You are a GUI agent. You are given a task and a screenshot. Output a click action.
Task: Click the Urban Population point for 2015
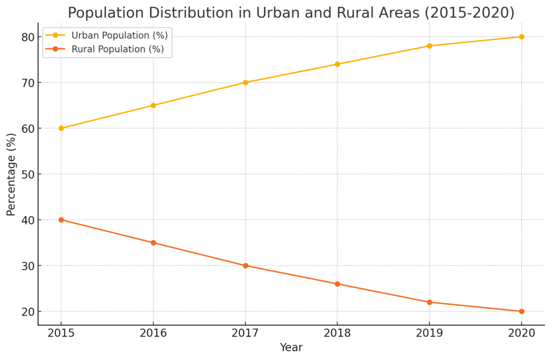[61, 128]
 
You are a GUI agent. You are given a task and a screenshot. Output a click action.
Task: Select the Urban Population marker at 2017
[245, 82]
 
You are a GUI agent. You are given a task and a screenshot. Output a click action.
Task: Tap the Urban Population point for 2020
[521, 37]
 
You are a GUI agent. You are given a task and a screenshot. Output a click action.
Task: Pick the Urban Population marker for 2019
[429, 46]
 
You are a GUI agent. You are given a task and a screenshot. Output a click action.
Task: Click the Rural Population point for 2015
[61, 220]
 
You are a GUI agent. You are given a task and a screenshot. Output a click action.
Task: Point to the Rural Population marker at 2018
[337, 284]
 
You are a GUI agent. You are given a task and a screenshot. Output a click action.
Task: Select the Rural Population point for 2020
[521, 311]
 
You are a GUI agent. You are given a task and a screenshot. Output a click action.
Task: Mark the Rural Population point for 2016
[153, 243]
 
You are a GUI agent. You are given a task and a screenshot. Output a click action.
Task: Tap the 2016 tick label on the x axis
[153, 334]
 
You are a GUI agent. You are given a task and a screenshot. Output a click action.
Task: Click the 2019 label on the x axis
[429, 334]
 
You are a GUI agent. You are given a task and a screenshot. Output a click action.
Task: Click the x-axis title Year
[291, 348]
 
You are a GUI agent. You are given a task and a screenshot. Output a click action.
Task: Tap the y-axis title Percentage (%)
[11, 174]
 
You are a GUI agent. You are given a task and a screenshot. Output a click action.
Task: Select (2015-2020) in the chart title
[469, 12]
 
